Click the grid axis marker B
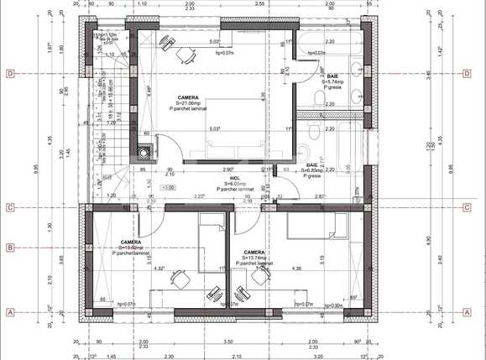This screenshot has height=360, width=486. click(10, 248)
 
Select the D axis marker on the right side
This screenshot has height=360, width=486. click(467, 74)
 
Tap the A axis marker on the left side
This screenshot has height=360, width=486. click(10, 311)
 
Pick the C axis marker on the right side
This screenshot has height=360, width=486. click(467, 207)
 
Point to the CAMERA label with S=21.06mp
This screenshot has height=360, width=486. click(190, 98)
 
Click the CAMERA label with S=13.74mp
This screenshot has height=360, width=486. click(255, 252)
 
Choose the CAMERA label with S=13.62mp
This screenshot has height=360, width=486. click(131, 242)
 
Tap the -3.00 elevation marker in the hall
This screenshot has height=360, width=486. click(169, 187)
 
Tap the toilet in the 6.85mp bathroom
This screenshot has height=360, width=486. click(312, 134)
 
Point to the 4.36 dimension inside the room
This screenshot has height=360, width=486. click(296, 268)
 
